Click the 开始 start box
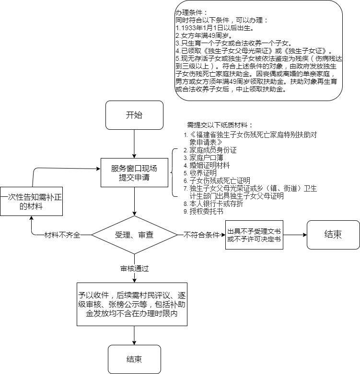[134, 115]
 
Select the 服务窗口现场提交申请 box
[134, 172]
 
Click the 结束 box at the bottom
[134, 359]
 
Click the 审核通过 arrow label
[134, 268]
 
